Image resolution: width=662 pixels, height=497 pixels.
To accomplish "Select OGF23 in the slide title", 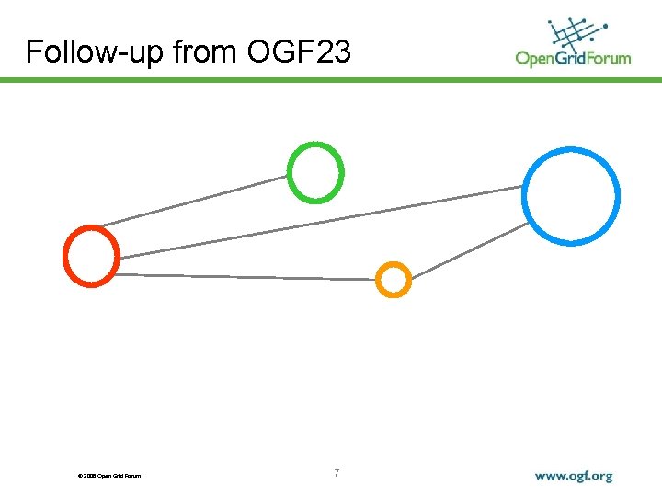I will tap(299, 52).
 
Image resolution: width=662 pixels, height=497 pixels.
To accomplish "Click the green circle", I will tap(315, 172).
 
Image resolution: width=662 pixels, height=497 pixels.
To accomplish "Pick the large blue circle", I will tap(571, 195).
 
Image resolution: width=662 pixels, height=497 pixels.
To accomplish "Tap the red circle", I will tap(91, 255).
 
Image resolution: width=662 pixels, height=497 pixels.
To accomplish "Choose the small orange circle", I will tap(394, 280).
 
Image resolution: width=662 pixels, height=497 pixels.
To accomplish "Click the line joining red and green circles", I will tap(193, 201).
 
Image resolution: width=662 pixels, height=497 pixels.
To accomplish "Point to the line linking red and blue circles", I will tap(322, 222).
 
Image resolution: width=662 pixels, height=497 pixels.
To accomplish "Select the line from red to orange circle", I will tap(248, 276).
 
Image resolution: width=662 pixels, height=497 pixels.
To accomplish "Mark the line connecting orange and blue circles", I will tap(469, 250).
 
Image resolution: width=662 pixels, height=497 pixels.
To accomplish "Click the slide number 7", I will tap(337, 473).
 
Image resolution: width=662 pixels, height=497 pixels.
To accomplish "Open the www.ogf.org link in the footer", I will tap(574, 476).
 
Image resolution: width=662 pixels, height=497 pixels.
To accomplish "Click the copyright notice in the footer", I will tap(110, 476).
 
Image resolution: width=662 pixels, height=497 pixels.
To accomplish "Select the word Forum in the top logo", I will tap(611, 58).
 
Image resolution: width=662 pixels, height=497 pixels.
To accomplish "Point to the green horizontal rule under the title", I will tap(331, 80).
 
